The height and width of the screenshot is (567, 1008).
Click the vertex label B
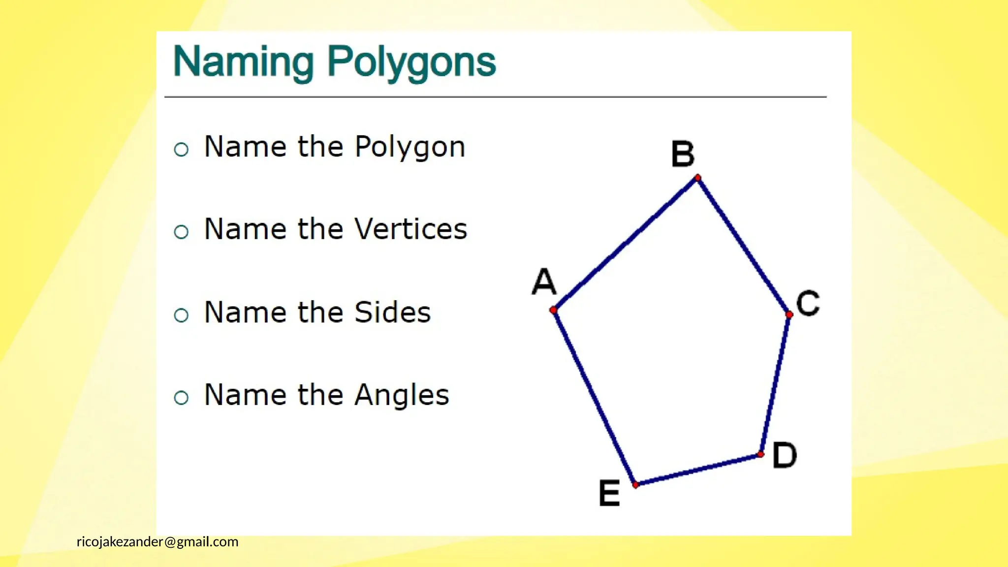(x=683, y=154)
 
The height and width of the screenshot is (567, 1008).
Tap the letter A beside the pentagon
(x=544, y=282)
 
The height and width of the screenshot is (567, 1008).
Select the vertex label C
(x=808, y=303)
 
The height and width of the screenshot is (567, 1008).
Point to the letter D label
(x=784, y=455)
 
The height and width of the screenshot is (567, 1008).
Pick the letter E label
(x=609, y=493)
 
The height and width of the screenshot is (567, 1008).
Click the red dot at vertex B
(x=697, y=178)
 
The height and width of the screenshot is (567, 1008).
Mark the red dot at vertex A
(x=553, y=310)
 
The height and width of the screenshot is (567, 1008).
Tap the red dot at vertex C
(x=789, y=314)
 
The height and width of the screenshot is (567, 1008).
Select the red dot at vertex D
(x=760, y=454)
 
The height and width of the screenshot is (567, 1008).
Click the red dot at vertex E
(x=635, y=485)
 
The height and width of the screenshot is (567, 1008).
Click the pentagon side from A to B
(x=625, y=244)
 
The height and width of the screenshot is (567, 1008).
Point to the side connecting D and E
(x=698, y=470)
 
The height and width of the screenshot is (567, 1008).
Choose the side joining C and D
(x=775, y=384)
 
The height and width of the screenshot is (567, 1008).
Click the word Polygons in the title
(x=411, y=62)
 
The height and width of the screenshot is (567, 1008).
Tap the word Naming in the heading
(x=244, y=62)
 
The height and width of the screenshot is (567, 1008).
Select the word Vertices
(x=410, y=229)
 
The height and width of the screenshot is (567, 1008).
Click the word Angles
(x=402, y=395)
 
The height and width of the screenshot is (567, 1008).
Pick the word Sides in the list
(x=392, y=312)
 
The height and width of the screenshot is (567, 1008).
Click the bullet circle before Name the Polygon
(x=181, y=149)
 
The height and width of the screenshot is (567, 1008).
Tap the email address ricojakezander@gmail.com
(x=157, y=542)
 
